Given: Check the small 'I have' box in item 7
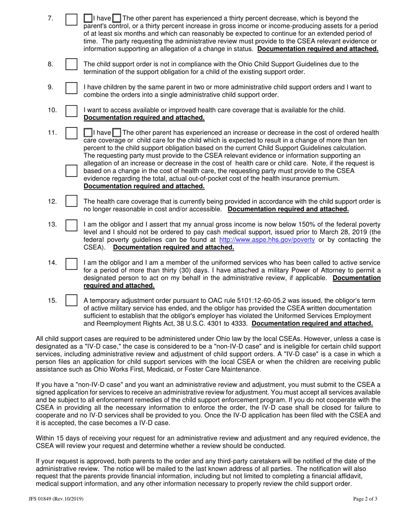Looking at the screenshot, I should pos(88,18).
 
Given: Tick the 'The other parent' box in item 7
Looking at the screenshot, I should pos(116,18).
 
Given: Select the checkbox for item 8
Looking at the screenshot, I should pos(71,65).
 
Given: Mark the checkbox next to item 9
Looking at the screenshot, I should pos(71,88).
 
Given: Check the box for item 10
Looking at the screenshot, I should pos(71,111).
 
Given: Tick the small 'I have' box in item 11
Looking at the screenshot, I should pos(88,132).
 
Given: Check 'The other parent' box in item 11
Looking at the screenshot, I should pos(116,132).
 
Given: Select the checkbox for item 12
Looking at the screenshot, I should pos(71,201).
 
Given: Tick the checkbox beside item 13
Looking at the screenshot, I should pos(71,225).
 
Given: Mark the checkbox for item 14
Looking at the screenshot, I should pos(71,263).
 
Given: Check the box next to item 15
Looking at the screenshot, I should pos(71,300).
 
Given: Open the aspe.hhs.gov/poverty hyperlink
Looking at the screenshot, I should pos(267,240).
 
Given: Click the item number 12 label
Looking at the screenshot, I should pos(52,201).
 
